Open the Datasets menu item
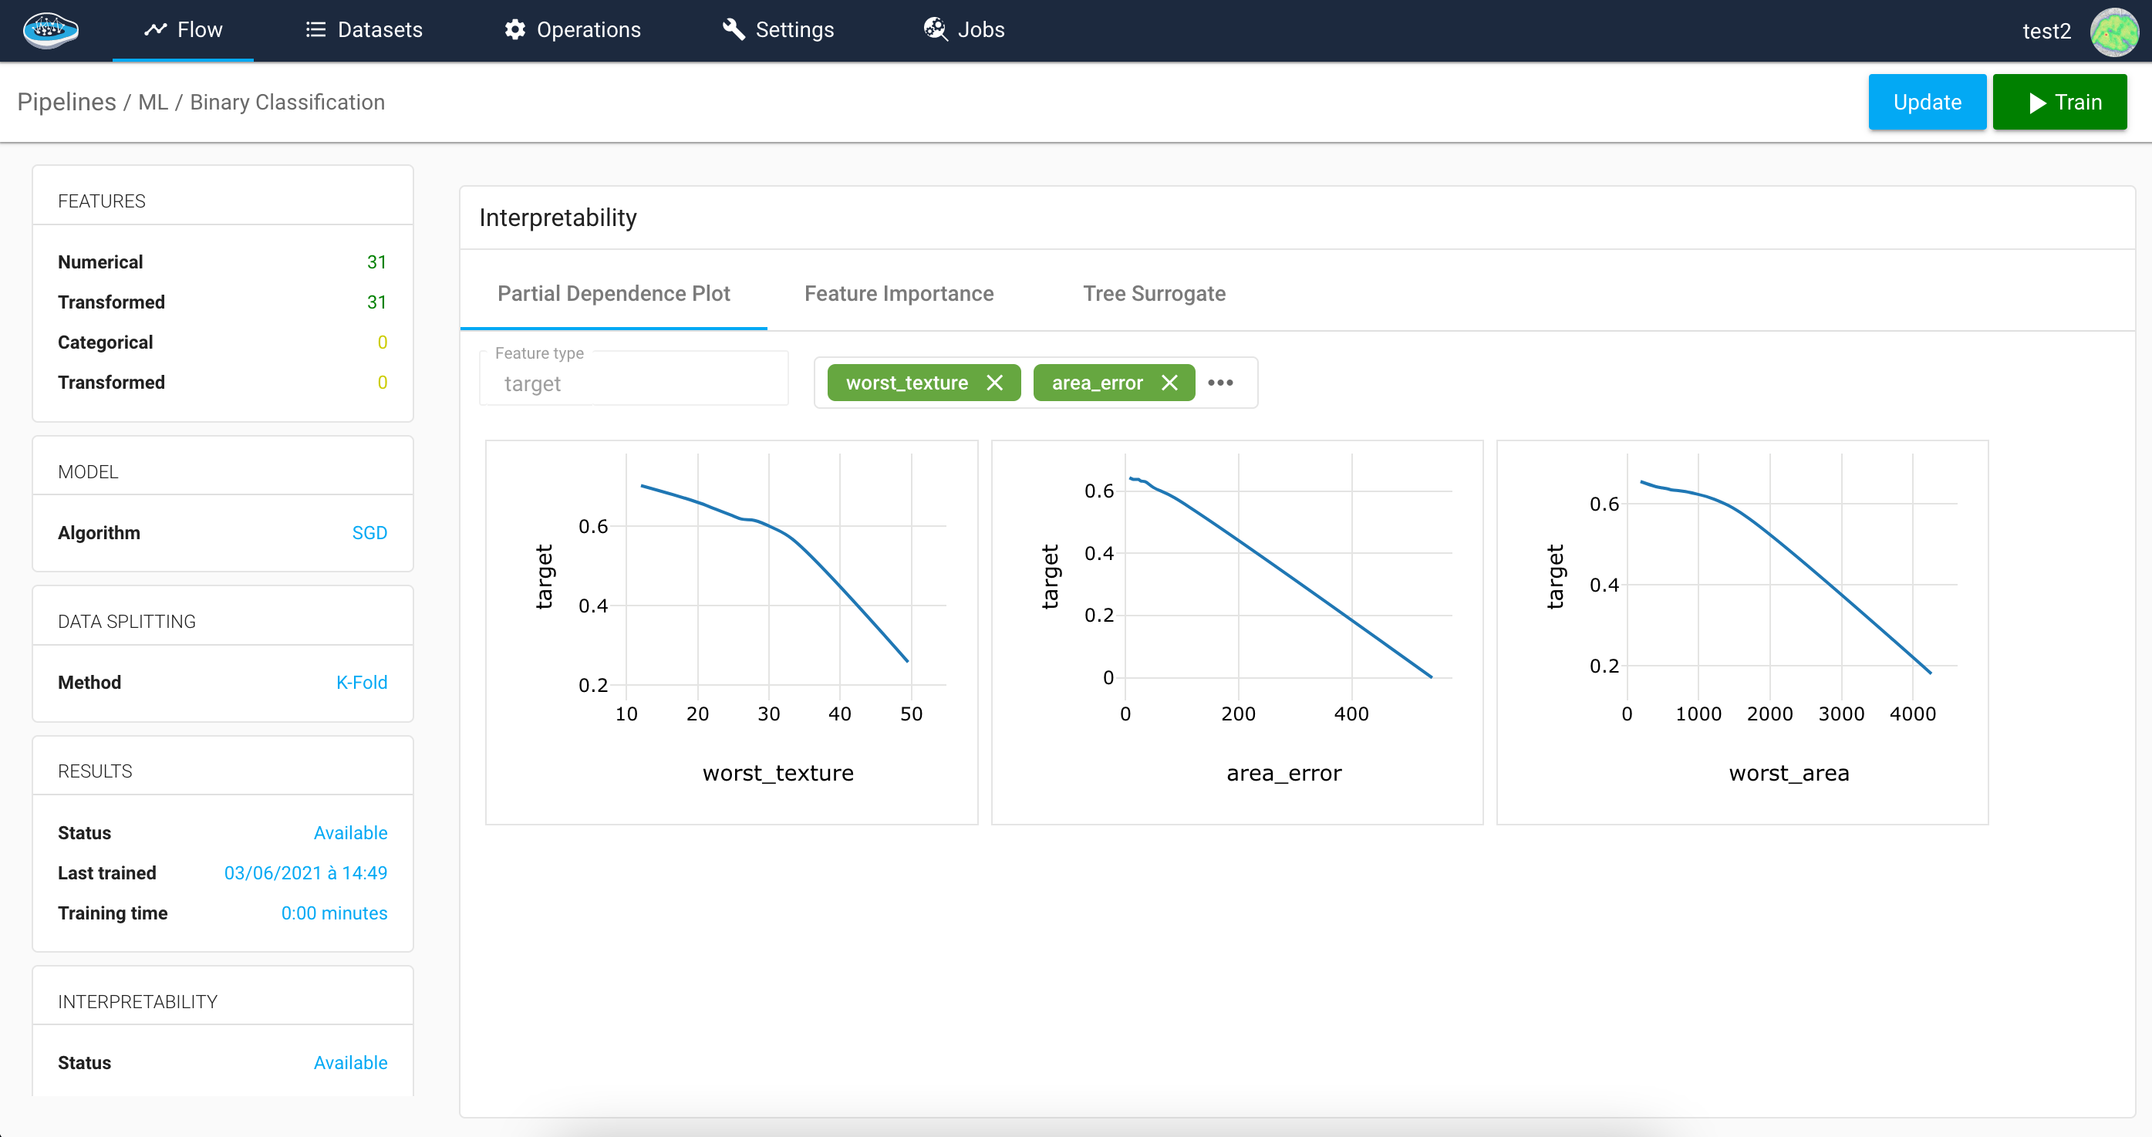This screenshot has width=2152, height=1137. (x=364, y=30)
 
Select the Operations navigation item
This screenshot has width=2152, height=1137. (x=572, y=30)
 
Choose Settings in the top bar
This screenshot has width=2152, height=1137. (x=777, y=30)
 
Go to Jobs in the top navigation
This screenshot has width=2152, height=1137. (x=964, y=30)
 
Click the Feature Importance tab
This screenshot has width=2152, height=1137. (x=899, y=293)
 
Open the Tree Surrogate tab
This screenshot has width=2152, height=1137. (x=1154, y=293)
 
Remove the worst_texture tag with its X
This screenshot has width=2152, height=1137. (x=994, y=383)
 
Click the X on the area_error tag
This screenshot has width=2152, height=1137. (x=1169, y=383)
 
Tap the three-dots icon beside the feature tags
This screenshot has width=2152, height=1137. (x=1219, y=383)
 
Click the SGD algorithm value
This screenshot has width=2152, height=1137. (x=369, y=533)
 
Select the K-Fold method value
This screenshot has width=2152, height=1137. (x=361, y=683)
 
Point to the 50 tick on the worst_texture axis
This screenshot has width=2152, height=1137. (x=911, y=714)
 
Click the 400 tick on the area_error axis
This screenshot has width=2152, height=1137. (x=1351, y=714)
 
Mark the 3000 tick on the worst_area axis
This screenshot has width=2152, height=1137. (x=1840, y=714)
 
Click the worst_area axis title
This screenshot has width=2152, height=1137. (x=1789, y=774)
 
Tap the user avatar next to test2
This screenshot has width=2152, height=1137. (x=2113, y=32)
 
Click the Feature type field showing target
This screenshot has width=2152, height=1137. (x=633, y=383)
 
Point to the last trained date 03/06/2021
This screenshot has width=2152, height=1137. (x=305, y=873)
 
